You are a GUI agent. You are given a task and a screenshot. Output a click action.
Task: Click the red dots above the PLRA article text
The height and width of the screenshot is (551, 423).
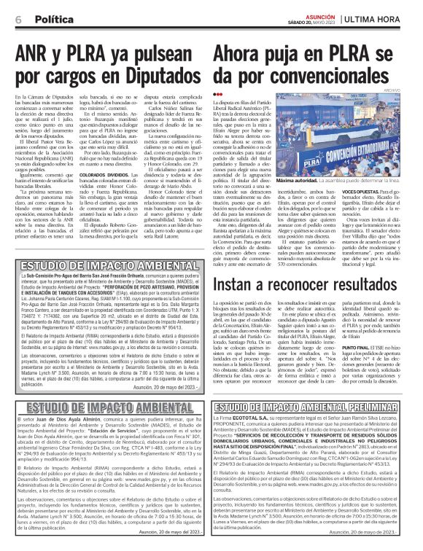[217, 103]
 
